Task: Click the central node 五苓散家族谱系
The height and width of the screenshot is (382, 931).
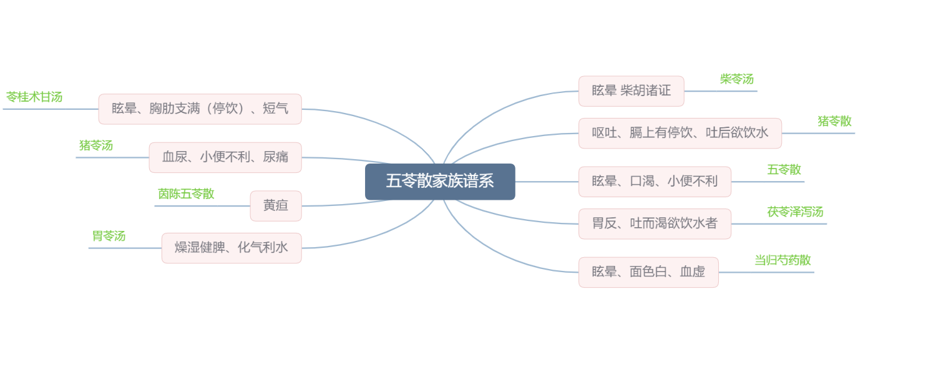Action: pyautogui.click(x=440, y=182)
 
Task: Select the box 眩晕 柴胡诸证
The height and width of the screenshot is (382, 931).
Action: pyautogui.click(x=631, y=91)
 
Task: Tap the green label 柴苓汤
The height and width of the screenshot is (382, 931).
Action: pyautogui.click(x=737, y=79)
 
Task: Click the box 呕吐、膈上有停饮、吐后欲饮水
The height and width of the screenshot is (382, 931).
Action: pyautogui.click(x=680, y=134)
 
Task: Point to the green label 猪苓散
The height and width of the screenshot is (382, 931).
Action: pyautogui.click(x=834, y=121)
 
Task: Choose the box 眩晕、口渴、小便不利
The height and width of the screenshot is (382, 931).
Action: pyautogui.click(x=655, y=182)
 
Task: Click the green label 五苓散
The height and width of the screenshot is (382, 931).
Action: pyautogui.click(x=784, y=170)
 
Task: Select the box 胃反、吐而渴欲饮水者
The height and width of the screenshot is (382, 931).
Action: pyautogui.click(x=655, y=223)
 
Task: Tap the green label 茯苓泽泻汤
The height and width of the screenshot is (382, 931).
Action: pyautogui.click(x=795, y=212)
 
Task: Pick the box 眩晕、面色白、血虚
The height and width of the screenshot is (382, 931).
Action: pyautogui.click(x=648, y=272)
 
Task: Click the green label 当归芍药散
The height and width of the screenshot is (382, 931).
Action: pyautogui.click(x=782, y=260)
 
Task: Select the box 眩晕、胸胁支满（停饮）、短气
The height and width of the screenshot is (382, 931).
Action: pyautogui.click(x=200, y=109)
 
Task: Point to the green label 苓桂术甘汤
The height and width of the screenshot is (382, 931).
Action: pyautogui.click(x=34, y=97)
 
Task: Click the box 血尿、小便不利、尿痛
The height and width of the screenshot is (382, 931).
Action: pyautogui.click(x=225, y=157)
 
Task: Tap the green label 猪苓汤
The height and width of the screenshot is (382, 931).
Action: pyautogui.click(x=96, y=145)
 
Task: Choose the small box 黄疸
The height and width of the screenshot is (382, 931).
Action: pyautogui.click(x=276, y=206)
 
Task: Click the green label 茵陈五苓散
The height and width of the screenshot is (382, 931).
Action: pyautogui.click(x=186, y=193)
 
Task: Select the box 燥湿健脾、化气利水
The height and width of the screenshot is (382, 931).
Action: pyautogui.click(x=232, y=248)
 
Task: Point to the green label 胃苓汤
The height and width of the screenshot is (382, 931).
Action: pyautogui.click(x=109, y=236)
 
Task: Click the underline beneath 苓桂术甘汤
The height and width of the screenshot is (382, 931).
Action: pyautogui.click(x=51, y=109)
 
